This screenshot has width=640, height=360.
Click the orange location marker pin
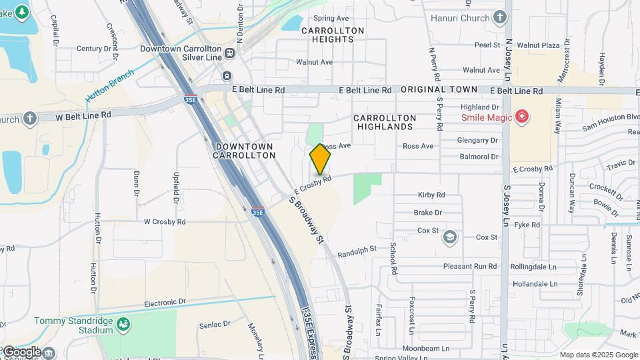[x=320, y=159]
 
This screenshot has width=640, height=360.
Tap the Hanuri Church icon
[x=501, y=18]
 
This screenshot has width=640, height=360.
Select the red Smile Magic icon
[x=522, y=118]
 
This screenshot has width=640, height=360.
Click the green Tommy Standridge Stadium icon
[x=123, y=325]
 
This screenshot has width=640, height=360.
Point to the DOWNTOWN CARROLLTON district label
[x=244, y=151]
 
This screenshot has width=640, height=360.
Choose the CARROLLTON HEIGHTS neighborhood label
[x=332, y=35]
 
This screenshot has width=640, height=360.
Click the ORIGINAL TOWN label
[x=439, y=89]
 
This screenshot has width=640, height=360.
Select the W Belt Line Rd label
[x=83, y=115]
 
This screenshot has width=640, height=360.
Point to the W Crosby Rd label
[x=164, y=221]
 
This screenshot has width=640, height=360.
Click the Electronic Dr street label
[x=165, y=302]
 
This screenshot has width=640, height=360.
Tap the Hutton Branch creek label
[x=109, y=86]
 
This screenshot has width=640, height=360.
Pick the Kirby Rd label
[x=431, y=195]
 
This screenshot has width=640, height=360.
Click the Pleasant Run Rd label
[x=470, y=266]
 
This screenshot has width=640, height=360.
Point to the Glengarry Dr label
[x=477, y=141]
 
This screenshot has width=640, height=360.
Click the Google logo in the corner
[x=21, y=351]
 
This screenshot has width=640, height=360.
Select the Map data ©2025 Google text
[x=597, y=355]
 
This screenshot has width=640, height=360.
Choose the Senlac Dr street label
[x=214, y=325]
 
